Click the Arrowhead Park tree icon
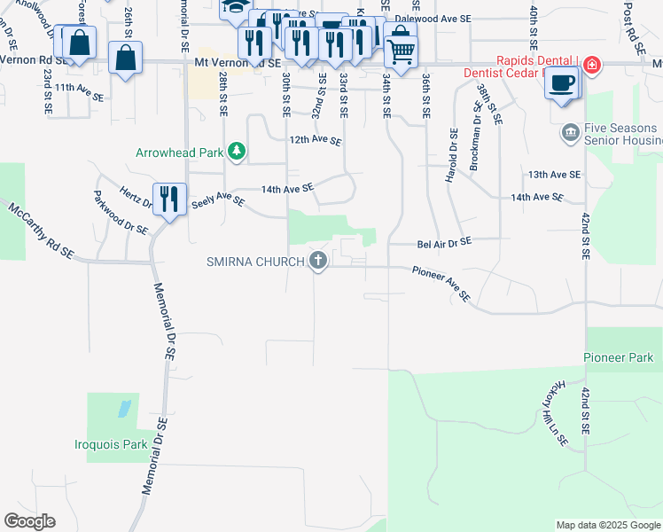236,153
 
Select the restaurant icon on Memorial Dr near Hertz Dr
168,198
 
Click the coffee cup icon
562,83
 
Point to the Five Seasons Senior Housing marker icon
571,133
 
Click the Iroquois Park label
110,444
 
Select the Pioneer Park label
618,357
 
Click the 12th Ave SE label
315,140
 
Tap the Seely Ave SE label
218,201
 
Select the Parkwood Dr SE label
120,213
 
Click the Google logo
29,520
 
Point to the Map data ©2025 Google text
607,525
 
